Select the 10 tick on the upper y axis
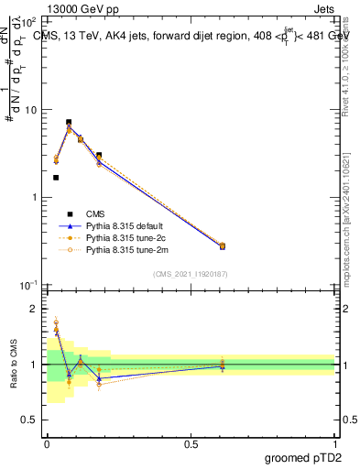click(33, 110)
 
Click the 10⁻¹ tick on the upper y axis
click(30, 285)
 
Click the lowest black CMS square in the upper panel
click(56, 178)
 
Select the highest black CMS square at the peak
click(69, 122)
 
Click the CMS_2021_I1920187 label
click(191, 274)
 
